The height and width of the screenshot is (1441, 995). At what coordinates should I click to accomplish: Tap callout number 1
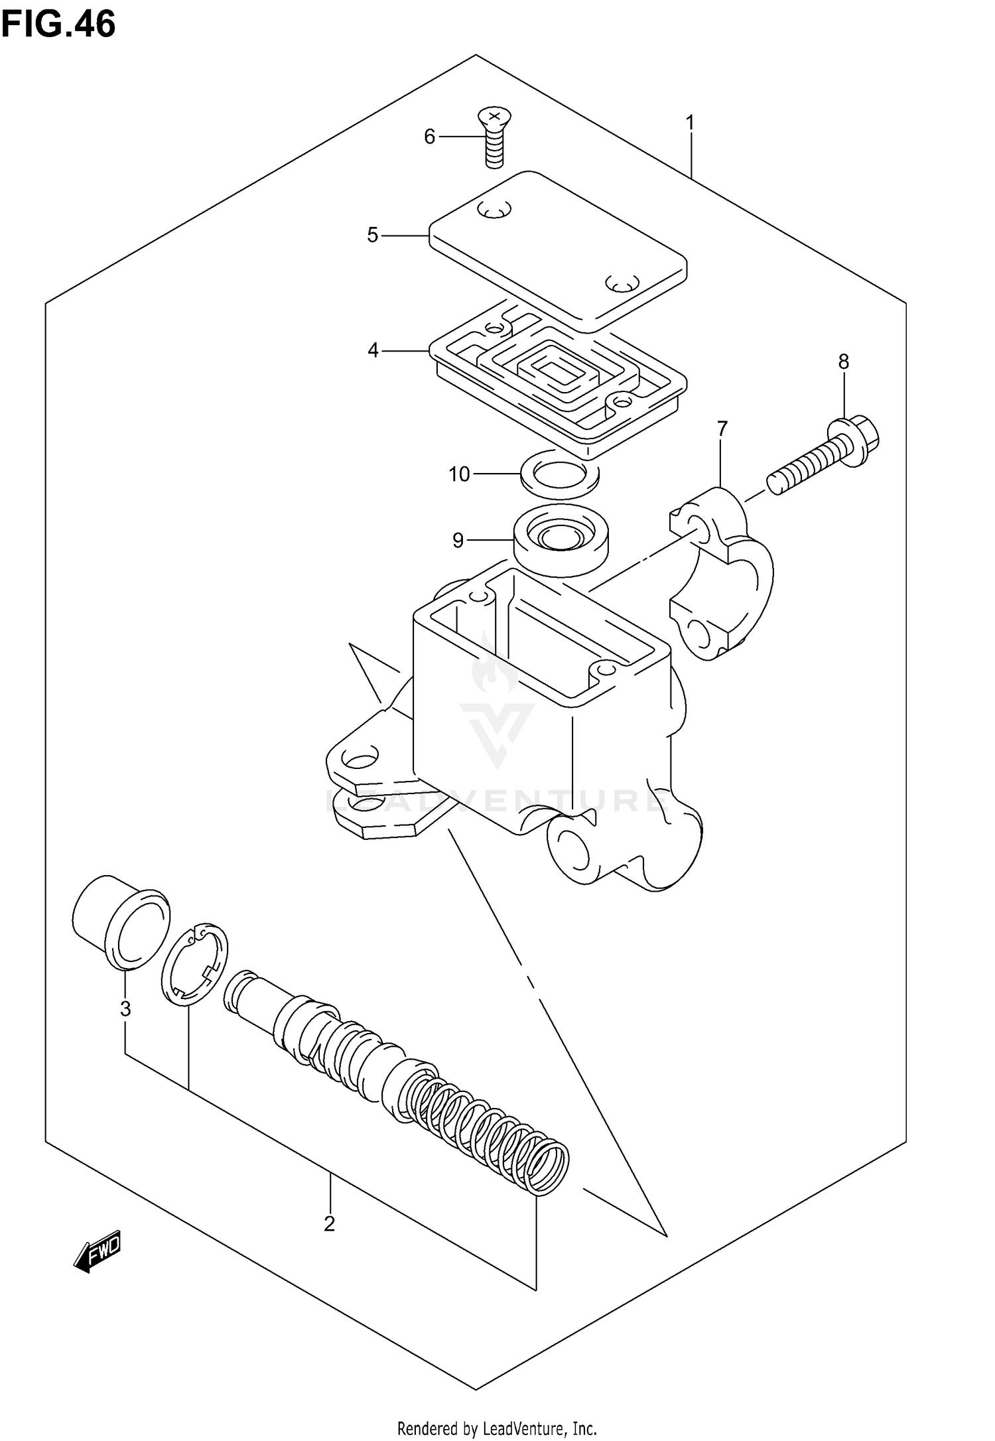click(690, 123)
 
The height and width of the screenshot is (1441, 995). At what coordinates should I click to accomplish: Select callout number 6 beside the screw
click(429, 137)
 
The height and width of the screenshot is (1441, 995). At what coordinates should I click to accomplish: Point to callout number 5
click(373, 235)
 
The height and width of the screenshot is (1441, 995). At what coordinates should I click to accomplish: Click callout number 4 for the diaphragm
click(373, 350)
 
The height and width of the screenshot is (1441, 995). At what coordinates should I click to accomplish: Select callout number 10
click(459, 474)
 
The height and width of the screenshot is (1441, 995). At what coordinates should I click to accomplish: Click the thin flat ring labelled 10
click(560, 473)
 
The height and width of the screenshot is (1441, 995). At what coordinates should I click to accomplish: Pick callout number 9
click(458, 540)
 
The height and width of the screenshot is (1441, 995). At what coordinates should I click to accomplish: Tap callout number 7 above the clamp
click(722, 429)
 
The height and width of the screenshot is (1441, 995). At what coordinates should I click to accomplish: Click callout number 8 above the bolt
click(843, 362)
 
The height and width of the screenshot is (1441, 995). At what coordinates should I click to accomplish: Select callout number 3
click(125, 1009)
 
